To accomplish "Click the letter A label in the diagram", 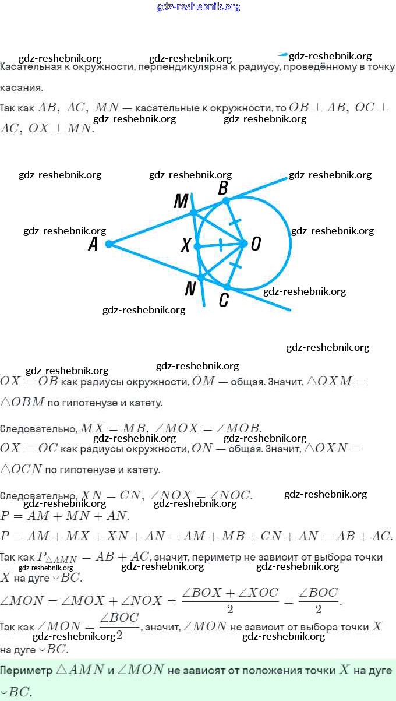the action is (x=93, y=244).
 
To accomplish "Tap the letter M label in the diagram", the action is (x=181, y=201).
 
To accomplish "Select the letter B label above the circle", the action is (x=223, y=188).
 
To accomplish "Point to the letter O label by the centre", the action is (x=256, y=244).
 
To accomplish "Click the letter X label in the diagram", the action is (x=186, y=245).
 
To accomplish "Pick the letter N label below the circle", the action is (x=190, y=288).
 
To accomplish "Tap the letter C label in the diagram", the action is (x=224, y=300).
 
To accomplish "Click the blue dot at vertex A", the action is (x=108, y=244).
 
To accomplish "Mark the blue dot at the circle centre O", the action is (x=244, y=244).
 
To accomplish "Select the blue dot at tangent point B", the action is (x=225, y=200).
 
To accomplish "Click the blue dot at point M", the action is (x=193, y=213).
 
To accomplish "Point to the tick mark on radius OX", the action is (x=221, y=245).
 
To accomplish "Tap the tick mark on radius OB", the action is (x=235, y=223).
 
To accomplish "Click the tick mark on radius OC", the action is (x=235, y=265).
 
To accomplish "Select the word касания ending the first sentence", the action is (x=22, y=87).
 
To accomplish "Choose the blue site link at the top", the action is (x=198, y=6).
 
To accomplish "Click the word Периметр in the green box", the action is (x=26, y=670).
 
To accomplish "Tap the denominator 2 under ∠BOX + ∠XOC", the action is (x=230, y=609).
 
